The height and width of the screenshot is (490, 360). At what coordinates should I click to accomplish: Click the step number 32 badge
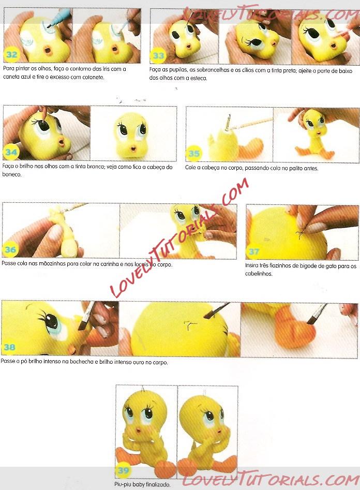[x=11, y=55]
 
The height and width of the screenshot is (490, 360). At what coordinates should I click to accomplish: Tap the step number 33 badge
[x=158, y=56]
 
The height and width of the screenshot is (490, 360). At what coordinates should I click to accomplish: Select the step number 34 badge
[x=11, y=152]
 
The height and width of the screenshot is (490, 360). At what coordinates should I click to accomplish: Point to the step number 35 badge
[x=194, y=153]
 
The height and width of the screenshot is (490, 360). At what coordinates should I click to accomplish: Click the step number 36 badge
[x=10, y=249]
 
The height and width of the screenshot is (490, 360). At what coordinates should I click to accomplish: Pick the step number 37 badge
[x=254, y=251]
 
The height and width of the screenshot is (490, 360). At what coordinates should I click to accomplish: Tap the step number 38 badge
[x=9, y=347]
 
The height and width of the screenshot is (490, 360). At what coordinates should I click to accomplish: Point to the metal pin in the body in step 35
[x=229, y=122]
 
